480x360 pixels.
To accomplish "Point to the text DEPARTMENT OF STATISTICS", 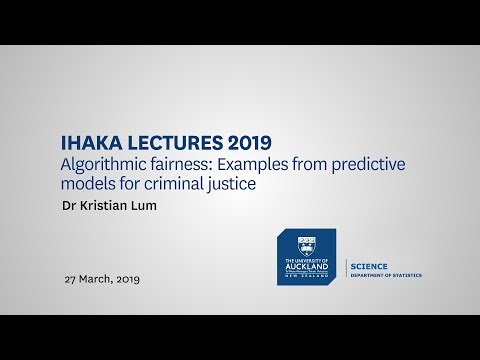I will click(385, 274).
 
